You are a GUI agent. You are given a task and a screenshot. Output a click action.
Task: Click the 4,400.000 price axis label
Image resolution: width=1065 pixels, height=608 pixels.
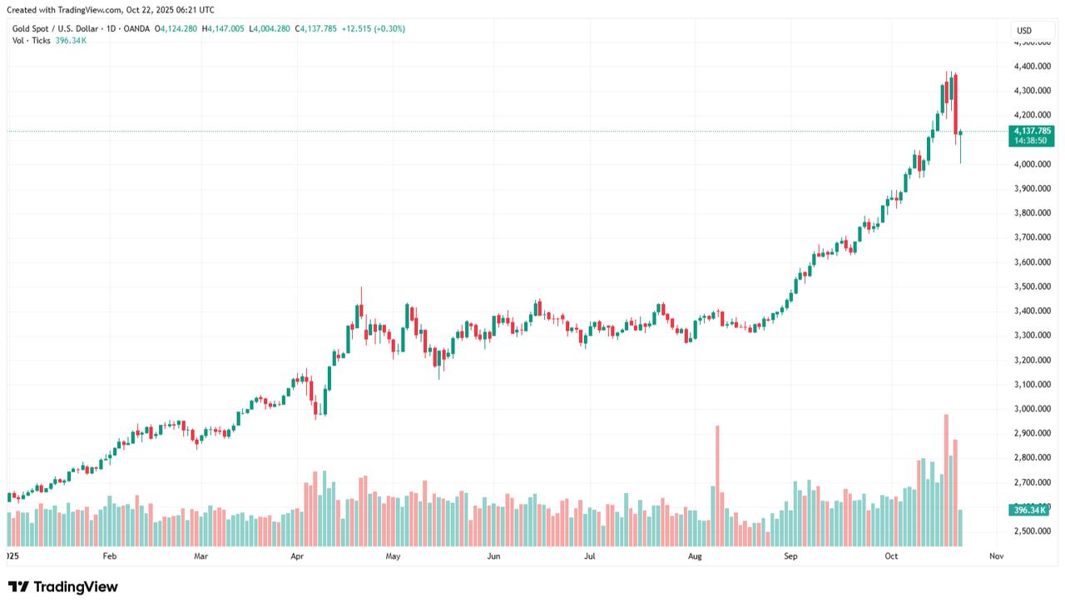pos(1032,67)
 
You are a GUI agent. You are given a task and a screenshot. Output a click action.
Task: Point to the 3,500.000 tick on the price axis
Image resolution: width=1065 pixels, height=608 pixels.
pos(1032,287)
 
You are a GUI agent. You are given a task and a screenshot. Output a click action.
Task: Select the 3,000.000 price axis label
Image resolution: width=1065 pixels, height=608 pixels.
pos(1032,409)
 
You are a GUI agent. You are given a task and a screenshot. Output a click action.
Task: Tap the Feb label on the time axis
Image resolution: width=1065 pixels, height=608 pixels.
pos(109,556)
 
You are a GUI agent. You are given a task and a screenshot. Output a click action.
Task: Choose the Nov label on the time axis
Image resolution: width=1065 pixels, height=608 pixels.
pos(997,556)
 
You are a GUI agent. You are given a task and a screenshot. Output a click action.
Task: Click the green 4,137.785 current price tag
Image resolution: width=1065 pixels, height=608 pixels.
pos(1031,131)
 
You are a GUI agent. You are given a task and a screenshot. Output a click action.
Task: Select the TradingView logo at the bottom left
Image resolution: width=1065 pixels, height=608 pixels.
pos(63,587)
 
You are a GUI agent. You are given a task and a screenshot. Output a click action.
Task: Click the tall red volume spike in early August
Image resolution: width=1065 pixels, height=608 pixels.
pos(717,483)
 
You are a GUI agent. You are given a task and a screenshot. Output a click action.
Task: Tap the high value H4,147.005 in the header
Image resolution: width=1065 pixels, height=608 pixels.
pos(223,28)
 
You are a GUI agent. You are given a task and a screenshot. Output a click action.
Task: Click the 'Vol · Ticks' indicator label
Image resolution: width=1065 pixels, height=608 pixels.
pos(31,40)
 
